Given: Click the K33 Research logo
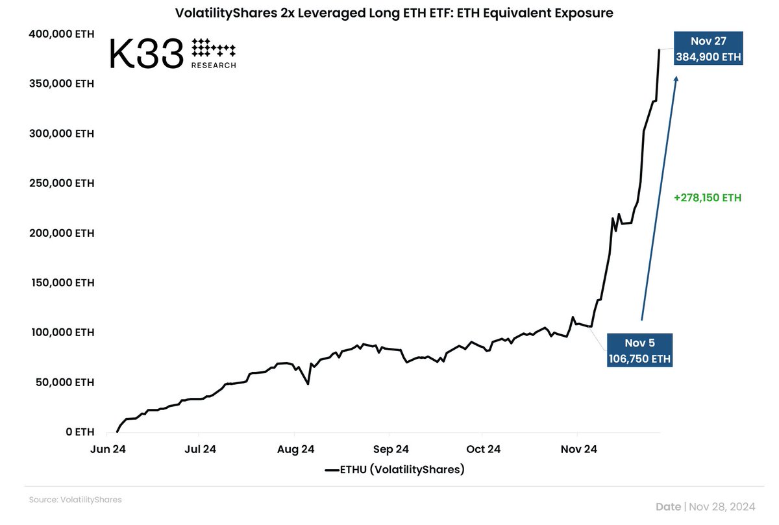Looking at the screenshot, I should point(173,53).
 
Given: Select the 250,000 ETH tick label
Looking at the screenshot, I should point(62,183).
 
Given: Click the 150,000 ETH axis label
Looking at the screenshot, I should point(62,283).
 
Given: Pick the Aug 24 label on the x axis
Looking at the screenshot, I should point(295,449).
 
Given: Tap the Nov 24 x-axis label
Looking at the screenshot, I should point(578,449).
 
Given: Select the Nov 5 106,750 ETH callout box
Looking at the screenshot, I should point(639,350).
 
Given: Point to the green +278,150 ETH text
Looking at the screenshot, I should point(707,198).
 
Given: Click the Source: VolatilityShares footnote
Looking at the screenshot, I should point(75,500).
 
